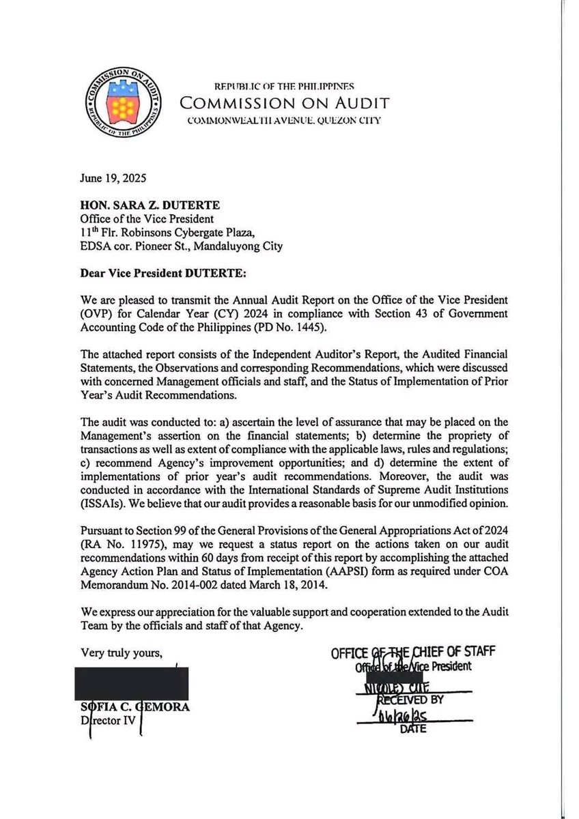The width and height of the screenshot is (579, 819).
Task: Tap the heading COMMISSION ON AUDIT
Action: pyautogui.click(x=284, y=103)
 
